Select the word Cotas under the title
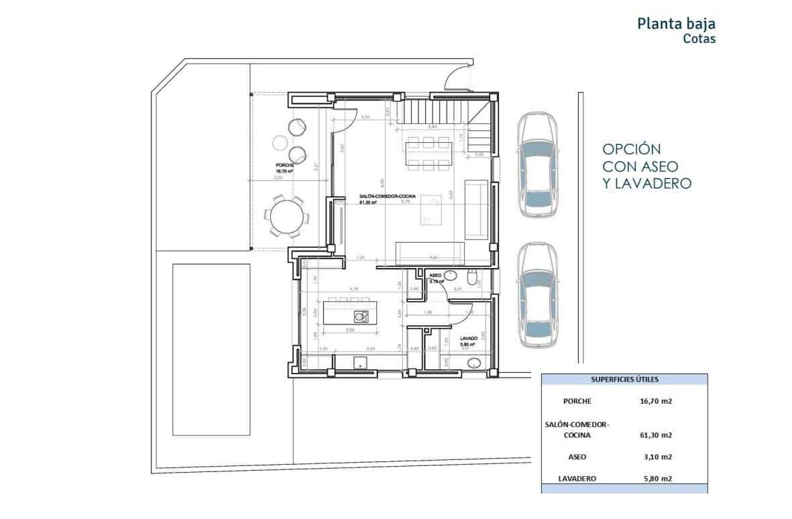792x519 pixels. (699, 39)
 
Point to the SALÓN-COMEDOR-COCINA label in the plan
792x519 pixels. (387, 196)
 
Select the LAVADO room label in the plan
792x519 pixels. (467, 339)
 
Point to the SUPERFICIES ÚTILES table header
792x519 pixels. (624, 380)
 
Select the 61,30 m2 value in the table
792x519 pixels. (657, 435)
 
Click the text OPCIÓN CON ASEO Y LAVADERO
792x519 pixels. (646, 166)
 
